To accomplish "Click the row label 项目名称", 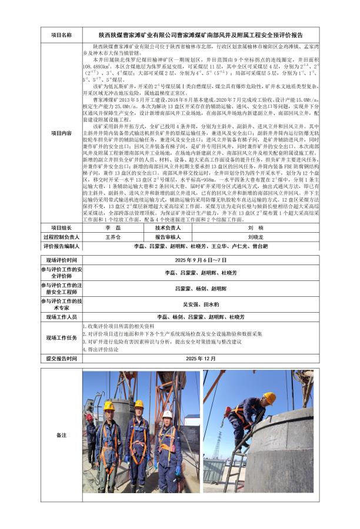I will click(62, 35).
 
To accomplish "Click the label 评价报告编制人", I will click(62, 247).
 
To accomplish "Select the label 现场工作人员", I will click(62, 317).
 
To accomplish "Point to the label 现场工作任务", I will click(62, 337).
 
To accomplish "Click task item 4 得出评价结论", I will click(101, 349).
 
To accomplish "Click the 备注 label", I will click(62, 435).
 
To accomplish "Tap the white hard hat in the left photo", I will click(168, 414).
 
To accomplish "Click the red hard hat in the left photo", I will click(89, 417).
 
